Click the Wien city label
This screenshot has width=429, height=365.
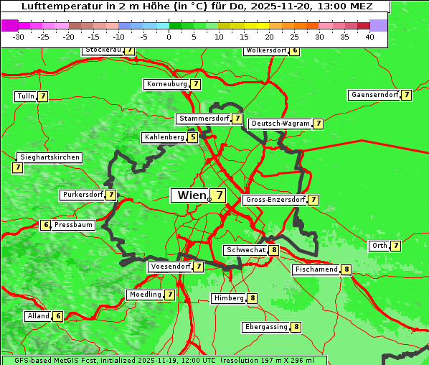coord(192,195)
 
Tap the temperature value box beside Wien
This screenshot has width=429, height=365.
coord(217,195)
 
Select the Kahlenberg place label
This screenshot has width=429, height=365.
coord(164,137)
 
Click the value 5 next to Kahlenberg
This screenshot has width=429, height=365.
coord(193,137)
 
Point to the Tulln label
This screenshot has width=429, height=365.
coord(25,96)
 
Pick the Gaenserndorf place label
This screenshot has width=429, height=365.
coord(373,95)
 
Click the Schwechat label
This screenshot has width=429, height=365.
coord(246,250)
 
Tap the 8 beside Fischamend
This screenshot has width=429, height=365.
coord(346,269)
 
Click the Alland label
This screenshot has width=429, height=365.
coord(38,316)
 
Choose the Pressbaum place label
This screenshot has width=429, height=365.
coord(74,225)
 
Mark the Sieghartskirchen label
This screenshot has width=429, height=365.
coord(49,157)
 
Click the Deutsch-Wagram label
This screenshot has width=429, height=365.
coord(280,124)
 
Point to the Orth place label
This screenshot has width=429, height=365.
coord(379,246)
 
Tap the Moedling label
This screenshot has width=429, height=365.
coord(144,295)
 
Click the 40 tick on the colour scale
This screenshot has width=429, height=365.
coord(369,37)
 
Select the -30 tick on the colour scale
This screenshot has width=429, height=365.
coord(19,37)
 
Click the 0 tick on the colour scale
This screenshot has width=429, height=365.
coord(169,37)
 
